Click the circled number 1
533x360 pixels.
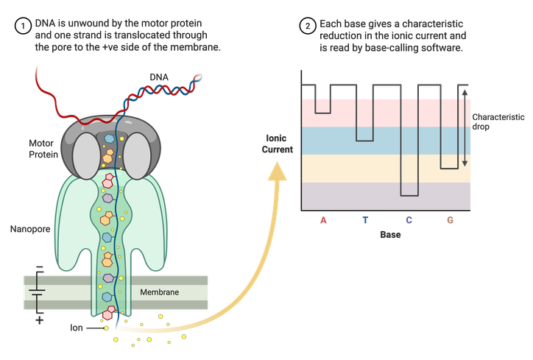tap(24, 27)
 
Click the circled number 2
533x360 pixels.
tap(307, 27)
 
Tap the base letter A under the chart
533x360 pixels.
tap(323, 219)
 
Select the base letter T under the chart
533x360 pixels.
tap(366, 219)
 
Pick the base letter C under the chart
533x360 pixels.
tap(409, 219)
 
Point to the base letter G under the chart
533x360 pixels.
tap(450, 219)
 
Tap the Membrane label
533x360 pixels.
tap(160, 292)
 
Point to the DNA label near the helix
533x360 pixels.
tap(158, 77)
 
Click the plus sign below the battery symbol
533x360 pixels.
tap(39, 320)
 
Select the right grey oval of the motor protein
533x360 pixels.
tap(136, 153)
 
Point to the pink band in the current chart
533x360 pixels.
tap(386, 112)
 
